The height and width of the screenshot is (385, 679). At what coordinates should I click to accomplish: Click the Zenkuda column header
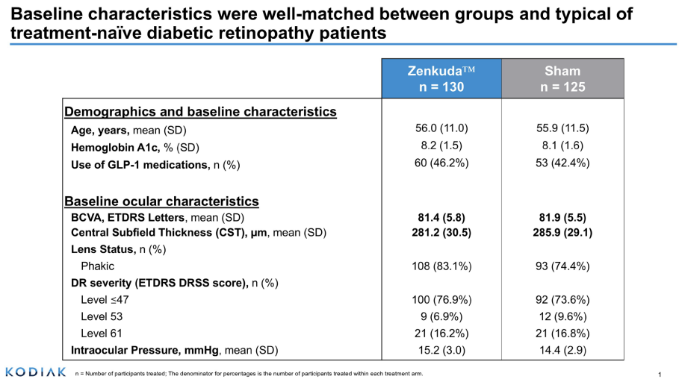coord(441,78)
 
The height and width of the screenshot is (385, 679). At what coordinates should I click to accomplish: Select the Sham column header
coord(562,78)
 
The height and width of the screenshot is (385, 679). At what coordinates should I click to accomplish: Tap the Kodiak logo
coord(35,372)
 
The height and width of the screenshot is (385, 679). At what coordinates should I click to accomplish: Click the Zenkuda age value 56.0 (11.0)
coord(441,128)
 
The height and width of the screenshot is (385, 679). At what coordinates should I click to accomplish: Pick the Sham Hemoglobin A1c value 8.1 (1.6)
coord(562,145)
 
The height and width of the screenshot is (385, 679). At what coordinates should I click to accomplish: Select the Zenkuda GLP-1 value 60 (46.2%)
coord(441,163)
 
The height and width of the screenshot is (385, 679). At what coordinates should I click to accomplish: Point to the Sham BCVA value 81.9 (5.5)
coord(562,218)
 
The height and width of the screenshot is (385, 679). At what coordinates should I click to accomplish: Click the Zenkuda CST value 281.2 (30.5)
coord(441,232)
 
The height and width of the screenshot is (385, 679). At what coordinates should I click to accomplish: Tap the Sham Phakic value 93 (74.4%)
coord(562,266)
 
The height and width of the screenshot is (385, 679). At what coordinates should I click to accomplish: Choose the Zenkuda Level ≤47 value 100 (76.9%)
coord(441,300)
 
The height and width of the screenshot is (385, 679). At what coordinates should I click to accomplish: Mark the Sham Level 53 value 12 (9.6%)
coord(562,316)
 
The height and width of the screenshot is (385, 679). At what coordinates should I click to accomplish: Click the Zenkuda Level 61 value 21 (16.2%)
coord(441,333)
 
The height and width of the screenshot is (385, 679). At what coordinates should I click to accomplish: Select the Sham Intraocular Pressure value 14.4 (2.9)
coord(562,349)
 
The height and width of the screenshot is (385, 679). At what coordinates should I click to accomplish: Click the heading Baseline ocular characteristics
coord(162,201)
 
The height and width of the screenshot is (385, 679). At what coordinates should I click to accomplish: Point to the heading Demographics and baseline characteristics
coord(200,112)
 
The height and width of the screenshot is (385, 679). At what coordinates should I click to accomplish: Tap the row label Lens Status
coord(118,249)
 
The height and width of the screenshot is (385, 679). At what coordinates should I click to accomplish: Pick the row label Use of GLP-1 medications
coord(155,165)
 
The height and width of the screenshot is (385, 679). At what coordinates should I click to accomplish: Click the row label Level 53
coord(101,316)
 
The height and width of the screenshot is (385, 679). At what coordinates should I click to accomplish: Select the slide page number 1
coord(660,374)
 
